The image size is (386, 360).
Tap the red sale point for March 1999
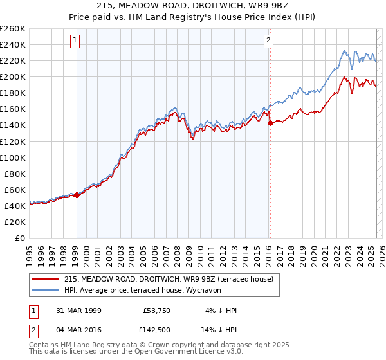(x=77, y=194)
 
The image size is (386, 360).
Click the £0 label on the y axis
(x=20, y=238)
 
